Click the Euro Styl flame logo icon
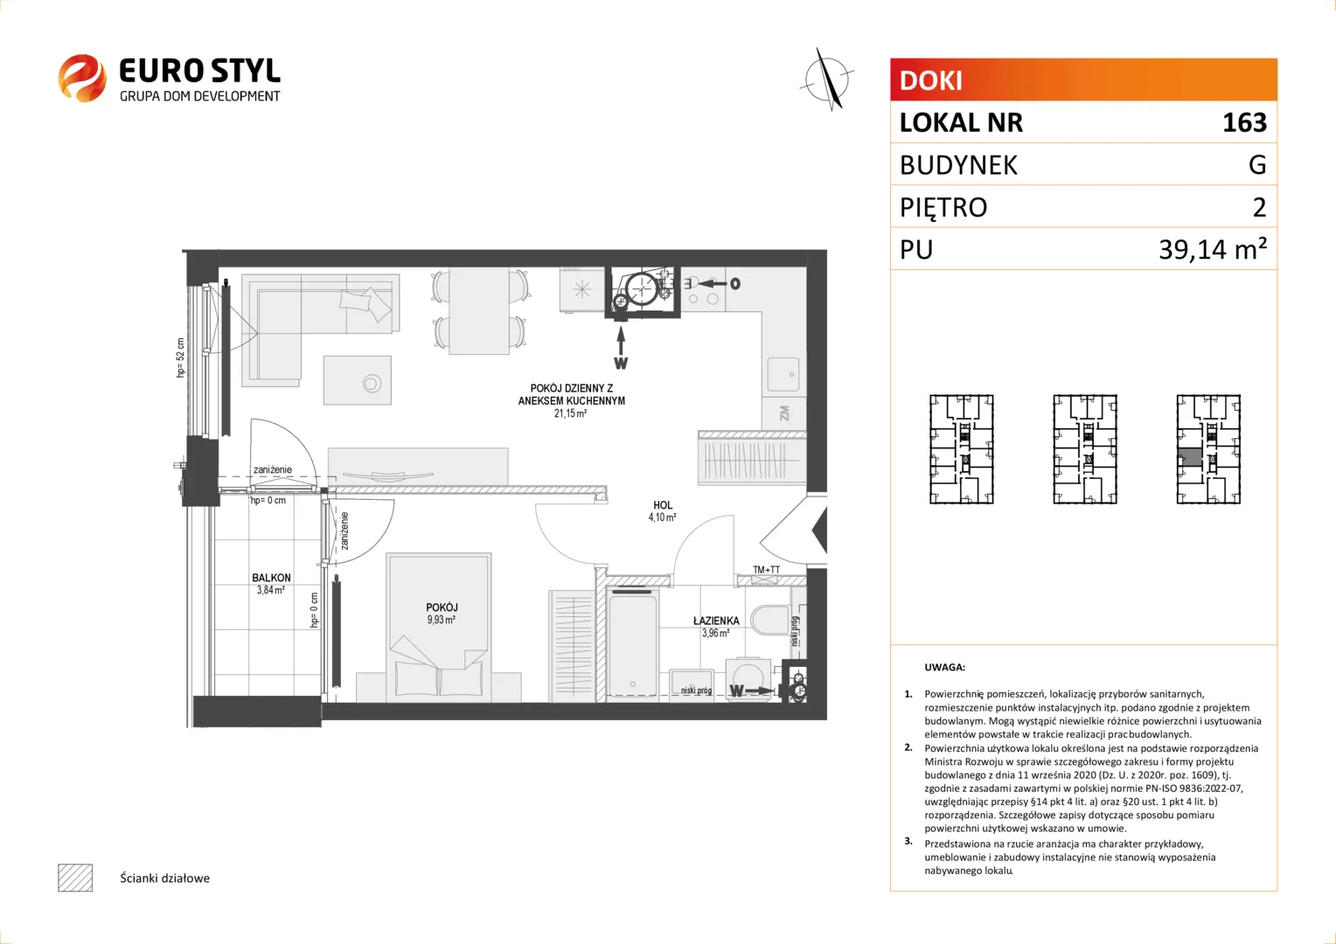pos(82,78)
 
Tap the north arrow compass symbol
pos(828,80)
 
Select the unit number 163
pos(1244,122)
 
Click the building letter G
pos(1257,164)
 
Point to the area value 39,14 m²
pos(1213,248)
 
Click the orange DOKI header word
pos(930,80)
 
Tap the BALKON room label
pos(271,578)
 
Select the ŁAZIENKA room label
pos(716,621)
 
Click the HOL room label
pos(663,505)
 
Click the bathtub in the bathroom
pos(633,642)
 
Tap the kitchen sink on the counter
pos(783,374)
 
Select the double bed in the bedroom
pos(439,628)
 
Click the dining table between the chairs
pos(479,310)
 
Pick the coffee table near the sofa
pos(358,380)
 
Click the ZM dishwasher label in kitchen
pos(783,413)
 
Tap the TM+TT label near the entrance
pos(767,570)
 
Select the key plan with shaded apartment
pos(1208,449)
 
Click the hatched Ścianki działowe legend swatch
pos(75,878)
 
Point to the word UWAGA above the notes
pos(945,667)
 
